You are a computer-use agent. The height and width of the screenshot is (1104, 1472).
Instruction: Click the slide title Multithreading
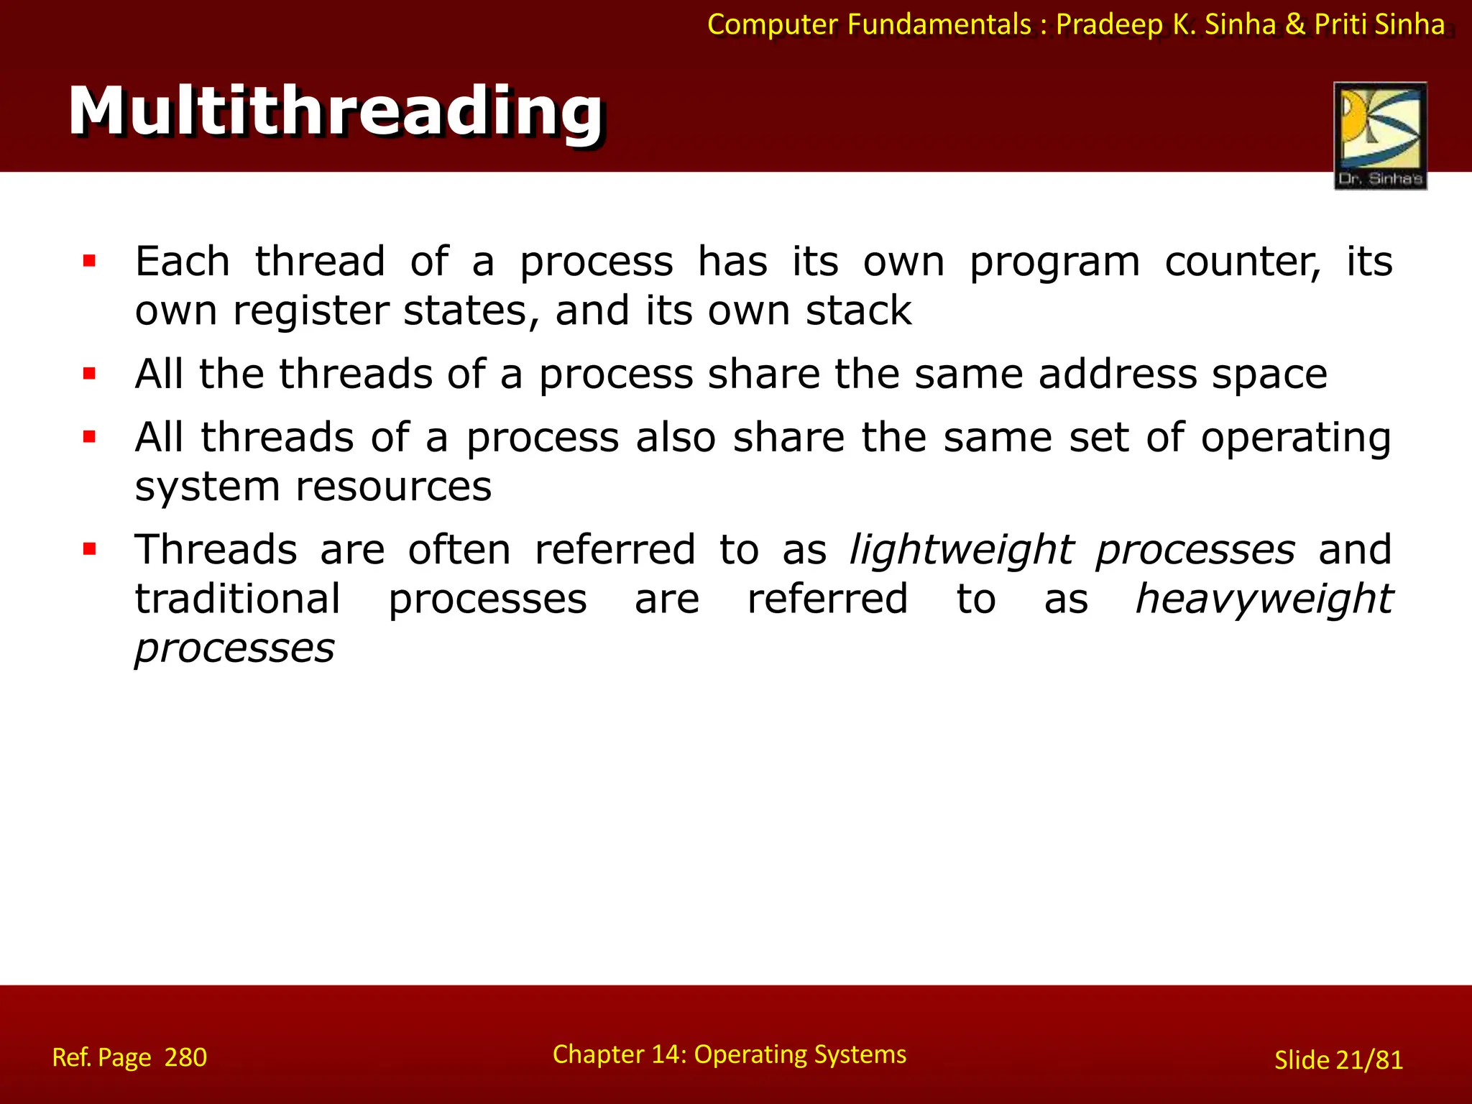(335, 111)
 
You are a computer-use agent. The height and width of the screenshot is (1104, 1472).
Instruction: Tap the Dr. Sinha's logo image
(1380, 135)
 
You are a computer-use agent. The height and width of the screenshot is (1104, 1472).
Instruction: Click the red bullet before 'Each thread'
(89, 261)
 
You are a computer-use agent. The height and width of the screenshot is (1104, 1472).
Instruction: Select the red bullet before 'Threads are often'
(89, 550)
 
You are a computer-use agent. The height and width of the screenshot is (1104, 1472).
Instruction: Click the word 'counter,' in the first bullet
(1242, 262)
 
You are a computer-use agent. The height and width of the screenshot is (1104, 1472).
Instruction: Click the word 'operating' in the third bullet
(1296, 438)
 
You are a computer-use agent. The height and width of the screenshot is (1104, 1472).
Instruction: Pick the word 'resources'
(394, 487)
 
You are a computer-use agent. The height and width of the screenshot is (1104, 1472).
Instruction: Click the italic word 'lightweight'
(962, 551)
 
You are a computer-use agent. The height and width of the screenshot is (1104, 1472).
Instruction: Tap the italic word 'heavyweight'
(1264, 599)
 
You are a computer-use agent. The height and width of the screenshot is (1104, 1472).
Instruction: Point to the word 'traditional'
(238, 599)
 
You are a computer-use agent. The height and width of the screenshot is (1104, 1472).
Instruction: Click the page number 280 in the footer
(185, 1057)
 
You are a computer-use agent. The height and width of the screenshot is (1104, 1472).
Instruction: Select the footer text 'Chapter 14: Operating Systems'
(729, 1054)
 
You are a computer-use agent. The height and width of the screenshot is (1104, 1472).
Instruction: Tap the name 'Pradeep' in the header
(1108, 24)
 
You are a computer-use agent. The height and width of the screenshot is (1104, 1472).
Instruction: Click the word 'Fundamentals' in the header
(939, 24)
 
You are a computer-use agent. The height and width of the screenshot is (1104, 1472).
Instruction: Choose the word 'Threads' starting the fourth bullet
(216, 550)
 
